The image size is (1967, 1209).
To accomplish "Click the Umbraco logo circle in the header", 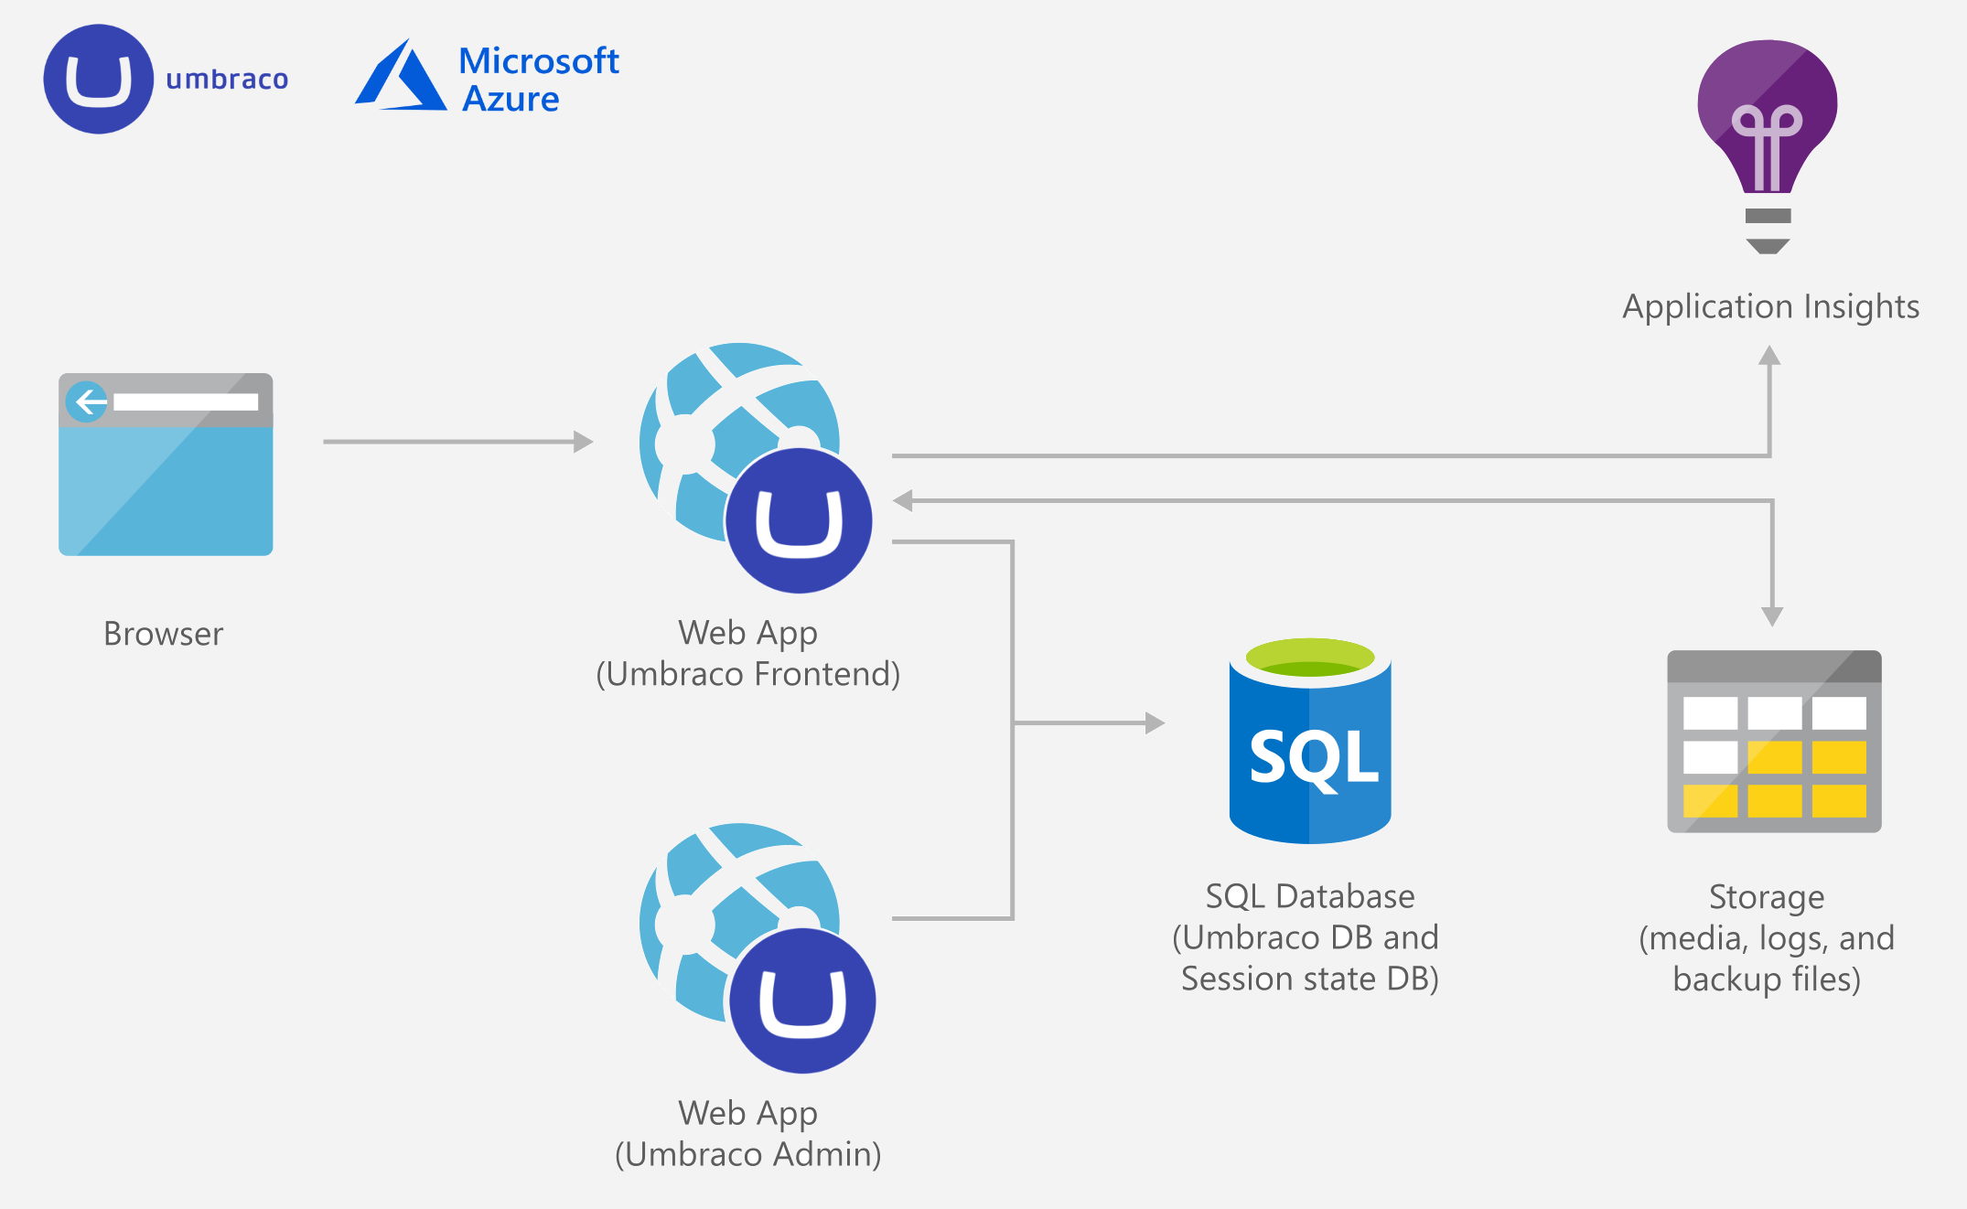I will (x=98, y=80).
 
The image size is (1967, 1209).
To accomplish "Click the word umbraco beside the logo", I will (x=227, y=80).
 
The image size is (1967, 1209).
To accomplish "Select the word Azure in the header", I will (x=510, y=99).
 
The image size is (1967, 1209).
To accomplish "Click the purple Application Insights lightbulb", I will (x=1767, y=119).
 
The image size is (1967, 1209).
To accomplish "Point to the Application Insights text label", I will (x=1770, y=306).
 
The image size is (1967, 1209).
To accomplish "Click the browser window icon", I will (x=166, y=465).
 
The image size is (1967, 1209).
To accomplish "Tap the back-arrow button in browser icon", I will (x=88, y=401).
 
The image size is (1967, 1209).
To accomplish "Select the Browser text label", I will (x=163, y=634).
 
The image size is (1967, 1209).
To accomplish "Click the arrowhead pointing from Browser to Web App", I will (x=583, y=442).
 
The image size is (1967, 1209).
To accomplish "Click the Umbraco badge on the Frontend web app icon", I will (x=799, y=520).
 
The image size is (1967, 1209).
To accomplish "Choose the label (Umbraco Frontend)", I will (x=747, y=674).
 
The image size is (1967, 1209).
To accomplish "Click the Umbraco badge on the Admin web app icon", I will (x=802, y=1000).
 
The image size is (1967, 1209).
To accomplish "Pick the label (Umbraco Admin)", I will (x=747, y=1154).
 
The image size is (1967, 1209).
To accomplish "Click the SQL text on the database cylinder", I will (x=1312, y=757).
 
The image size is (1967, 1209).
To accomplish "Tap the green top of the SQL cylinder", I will (x=1310, y=657).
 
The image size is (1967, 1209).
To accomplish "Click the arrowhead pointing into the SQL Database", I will (x=1155, y=723).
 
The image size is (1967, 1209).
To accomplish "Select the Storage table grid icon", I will (x=1774, y=742).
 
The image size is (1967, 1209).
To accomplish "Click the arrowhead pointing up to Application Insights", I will (x=1769, y=357).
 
